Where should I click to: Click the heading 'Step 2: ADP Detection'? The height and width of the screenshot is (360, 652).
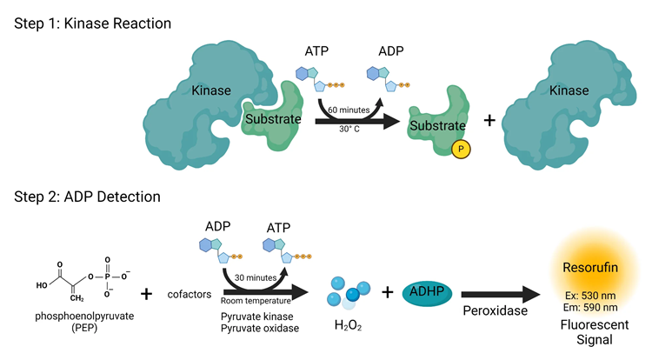click(87, 197)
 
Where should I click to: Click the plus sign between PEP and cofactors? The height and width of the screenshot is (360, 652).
click(147, 294)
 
